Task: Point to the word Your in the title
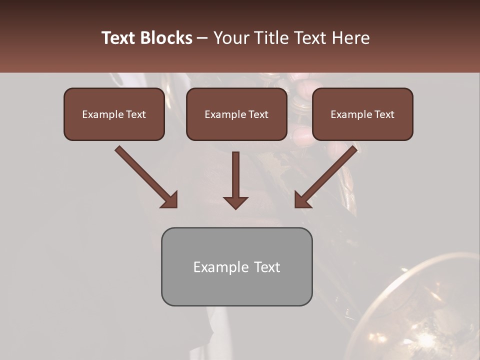click(x=230, y=38)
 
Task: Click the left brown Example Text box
click(x=114, y=114)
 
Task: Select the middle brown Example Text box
click(x=236, y=114)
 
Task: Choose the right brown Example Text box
click(x=362, y=114)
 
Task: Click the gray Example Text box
click(x=236, y=266)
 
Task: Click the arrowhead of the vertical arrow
click(x=235, y=202)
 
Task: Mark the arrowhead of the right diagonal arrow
click(x=302, y=199)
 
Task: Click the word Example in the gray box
click(x=218, y=267)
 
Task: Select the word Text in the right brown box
click(x=384, y=114)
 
